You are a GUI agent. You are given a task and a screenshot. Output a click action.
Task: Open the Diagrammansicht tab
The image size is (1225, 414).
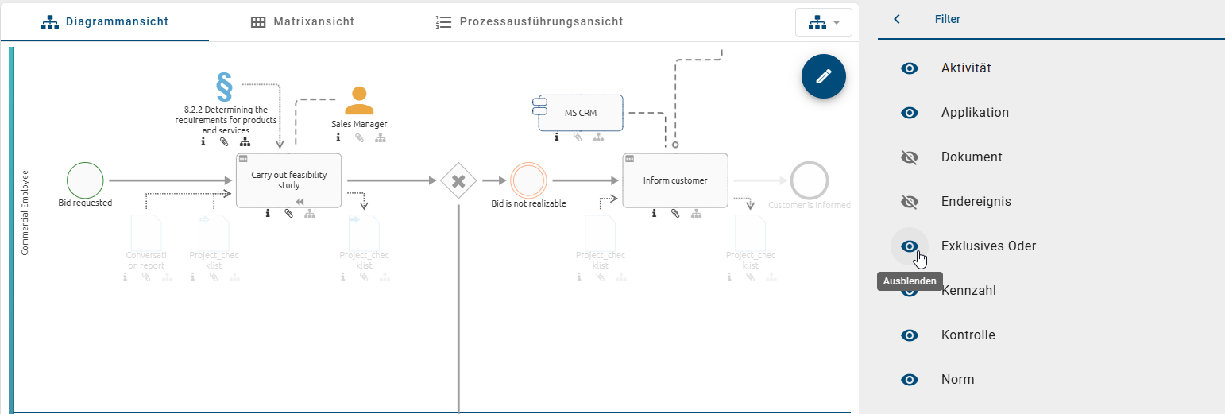(105, 21)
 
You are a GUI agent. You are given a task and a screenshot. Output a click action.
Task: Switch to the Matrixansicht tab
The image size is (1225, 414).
(302, 21)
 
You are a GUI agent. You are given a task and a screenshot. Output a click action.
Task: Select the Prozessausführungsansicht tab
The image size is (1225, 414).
(530, 21)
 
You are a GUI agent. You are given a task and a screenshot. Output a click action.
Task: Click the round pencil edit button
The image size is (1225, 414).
(824, 76)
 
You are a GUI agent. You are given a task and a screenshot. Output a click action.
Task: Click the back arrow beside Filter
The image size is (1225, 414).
(897, 19)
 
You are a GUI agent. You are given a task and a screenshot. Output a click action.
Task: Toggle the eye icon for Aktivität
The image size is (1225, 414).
(910, 68)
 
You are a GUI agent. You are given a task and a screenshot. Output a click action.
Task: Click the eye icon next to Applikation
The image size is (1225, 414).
(910, 113)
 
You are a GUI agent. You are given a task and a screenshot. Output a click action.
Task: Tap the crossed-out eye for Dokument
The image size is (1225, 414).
(910, 157)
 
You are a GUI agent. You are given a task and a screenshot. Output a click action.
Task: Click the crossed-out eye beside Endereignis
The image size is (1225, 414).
(910, 202)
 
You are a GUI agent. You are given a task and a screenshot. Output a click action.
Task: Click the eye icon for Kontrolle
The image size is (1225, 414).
(910, 335)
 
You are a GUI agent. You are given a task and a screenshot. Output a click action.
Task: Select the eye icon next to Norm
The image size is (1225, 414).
(910, 380)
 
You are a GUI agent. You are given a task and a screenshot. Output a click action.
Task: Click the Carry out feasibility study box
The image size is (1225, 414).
(288, 180)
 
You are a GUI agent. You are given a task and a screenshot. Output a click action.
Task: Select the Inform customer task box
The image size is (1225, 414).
(674, 180)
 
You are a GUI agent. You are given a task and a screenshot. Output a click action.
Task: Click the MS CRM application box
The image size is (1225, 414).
(580, 113)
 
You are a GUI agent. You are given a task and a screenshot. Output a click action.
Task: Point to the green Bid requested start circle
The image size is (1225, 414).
(85, 180)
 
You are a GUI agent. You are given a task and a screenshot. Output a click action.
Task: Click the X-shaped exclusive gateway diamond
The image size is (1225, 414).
(458, 181)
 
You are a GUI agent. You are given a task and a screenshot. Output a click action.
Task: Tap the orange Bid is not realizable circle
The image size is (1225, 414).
(528, 180)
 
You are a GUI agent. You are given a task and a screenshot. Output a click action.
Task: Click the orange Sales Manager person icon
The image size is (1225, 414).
(359, 101)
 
